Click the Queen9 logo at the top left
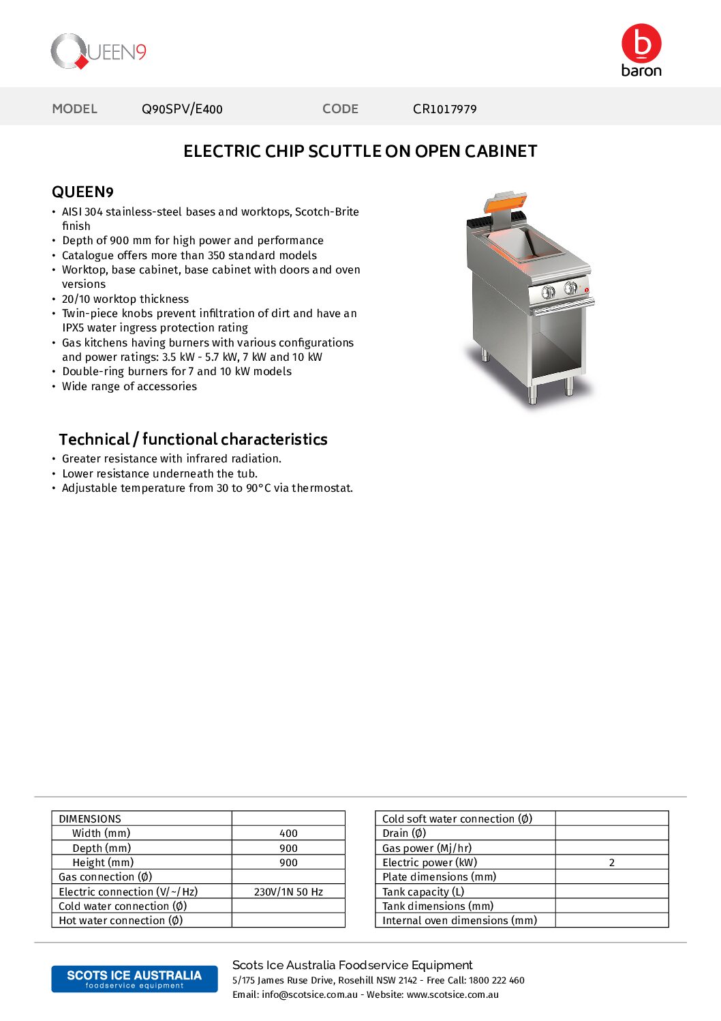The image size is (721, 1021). pyautogui.click(x=98, y=52)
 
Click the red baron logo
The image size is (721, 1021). pyautogui.click(x=641, y=50)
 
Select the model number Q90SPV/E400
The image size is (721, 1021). pyautogui.click(x=182, y=109)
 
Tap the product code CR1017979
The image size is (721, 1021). pyautogui.click(x=444, y=109)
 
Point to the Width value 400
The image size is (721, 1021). pyautogui.click(x=288, y=833)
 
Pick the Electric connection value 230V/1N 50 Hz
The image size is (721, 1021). pyautogui.click(x=288, y=891)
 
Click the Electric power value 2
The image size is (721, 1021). pyautogui.click(x=611, y=863)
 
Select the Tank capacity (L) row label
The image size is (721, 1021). pyautogui.click(x=423, y=891)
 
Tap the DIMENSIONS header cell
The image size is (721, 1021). pyautogui.click(x=90, y=818)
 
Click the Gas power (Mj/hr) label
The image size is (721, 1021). pyautogui.click(x=427, y=848)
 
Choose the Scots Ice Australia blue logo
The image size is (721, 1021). pyautogui.click(x=134, y=979)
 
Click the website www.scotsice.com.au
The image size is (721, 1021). pyautogui.click(x=452, y=994)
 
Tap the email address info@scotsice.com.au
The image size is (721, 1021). pyautogui.click(x=309, y=994)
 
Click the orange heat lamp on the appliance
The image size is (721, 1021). pyautogui.click(x=505, y=202)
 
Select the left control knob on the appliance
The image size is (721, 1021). pyautogui.click(x=548, y=293)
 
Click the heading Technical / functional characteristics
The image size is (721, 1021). pyautogui.click(x=193, y=439)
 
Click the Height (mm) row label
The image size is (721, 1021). pyautogui.click(x=103, y=863)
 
